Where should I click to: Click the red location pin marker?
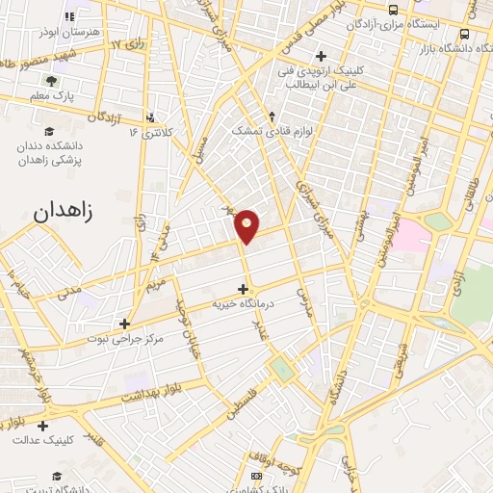pos(246,224)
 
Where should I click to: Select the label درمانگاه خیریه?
pos(244,304)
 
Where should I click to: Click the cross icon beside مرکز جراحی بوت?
pos(124,324)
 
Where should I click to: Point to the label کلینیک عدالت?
pos(43,440)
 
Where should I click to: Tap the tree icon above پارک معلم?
pos(50,80)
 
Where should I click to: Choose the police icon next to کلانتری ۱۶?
pos(149,119)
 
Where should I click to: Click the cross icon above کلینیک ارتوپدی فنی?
pos(322,55)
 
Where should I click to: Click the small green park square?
pos(281,369)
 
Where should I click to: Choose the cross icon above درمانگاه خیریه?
pos(244,289)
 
